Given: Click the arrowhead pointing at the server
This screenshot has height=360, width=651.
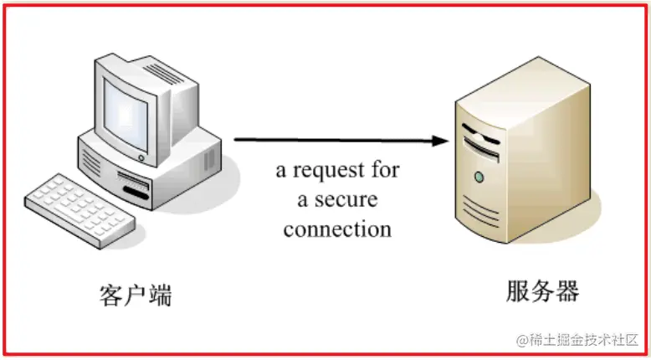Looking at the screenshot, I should tap(440, 141).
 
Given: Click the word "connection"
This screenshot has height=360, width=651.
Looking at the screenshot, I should tap(337, 228).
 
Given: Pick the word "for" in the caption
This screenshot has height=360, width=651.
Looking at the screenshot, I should tap(386, 171).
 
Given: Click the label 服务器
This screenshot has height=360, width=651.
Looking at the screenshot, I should tap(542, 291).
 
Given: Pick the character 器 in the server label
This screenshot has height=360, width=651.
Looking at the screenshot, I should tap(566, 291).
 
